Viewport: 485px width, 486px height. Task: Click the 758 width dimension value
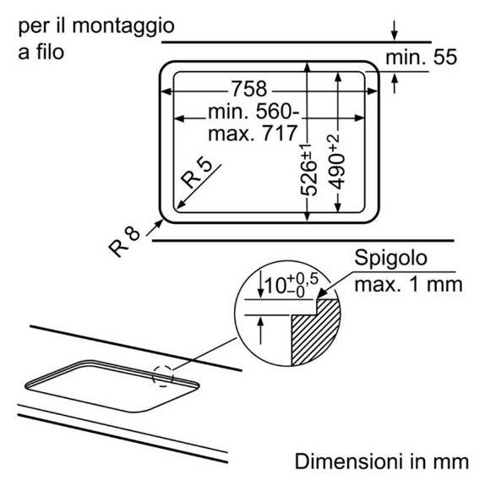249,89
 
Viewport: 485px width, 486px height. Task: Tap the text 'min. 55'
421,57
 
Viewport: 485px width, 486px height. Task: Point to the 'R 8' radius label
124,242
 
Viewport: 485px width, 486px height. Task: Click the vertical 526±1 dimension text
309,170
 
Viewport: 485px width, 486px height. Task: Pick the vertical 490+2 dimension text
336,161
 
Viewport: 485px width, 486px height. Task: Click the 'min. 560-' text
253,112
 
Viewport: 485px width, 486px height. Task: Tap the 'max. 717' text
253,134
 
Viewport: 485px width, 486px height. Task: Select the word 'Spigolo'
391,259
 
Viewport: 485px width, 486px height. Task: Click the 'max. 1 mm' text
408,285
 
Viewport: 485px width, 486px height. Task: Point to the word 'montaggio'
123,27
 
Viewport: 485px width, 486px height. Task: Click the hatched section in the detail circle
316,331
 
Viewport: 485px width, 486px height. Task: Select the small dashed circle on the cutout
163,375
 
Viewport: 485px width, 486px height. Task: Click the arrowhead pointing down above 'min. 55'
395,35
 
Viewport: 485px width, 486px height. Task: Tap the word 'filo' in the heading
50,52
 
